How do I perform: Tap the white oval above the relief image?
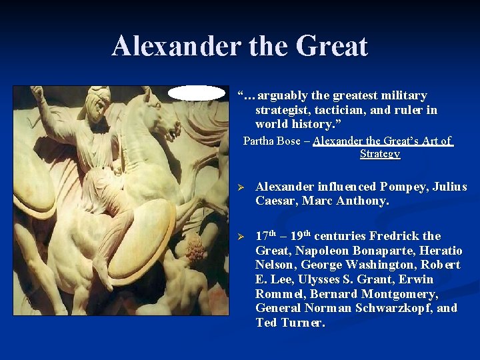pyautogui.click(x=197, y=93)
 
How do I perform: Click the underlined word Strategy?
pyautogui.click(x=380, y=153)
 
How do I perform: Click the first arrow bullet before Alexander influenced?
pyautogui.click(x=243, y=187)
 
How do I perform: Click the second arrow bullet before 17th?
pyautogui.click(x=243, y=237)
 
